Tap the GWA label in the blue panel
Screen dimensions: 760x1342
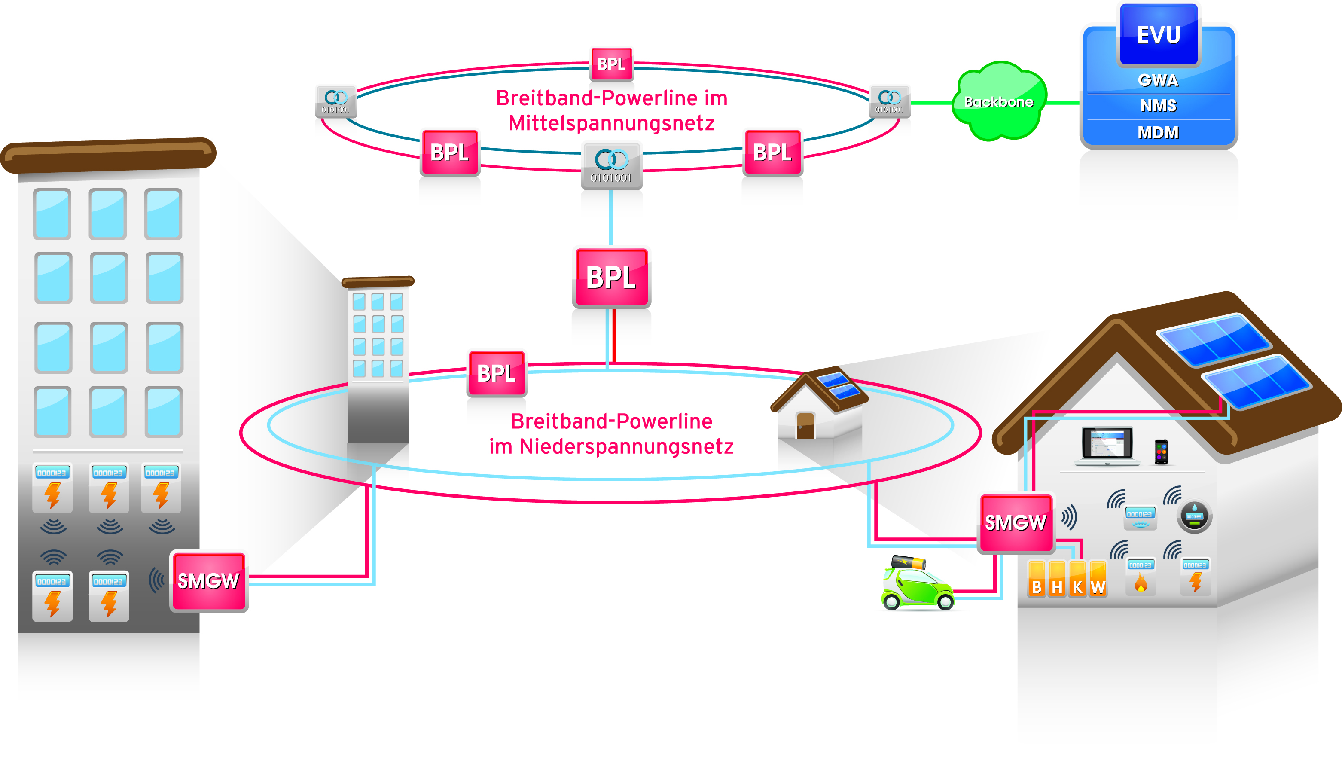coord(1158,80)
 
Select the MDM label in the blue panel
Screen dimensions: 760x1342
coord(1158,133)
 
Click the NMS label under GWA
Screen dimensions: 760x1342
coord(1158,106)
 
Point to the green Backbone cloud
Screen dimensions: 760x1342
coord(999,102)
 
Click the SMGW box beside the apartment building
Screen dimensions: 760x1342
coord(209,581)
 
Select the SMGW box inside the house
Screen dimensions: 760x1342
coord(1016,522)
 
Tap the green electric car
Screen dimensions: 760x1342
coord(917,586)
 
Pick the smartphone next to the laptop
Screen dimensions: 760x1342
coord(1162,452)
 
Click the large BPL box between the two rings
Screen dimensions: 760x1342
coord(612,277)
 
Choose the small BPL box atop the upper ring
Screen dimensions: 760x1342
coord(611,64)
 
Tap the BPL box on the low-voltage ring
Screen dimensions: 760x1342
coord(496,373)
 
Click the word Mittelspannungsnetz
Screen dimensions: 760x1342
coord(612,124)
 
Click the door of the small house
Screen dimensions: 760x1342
coord(805,425)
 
